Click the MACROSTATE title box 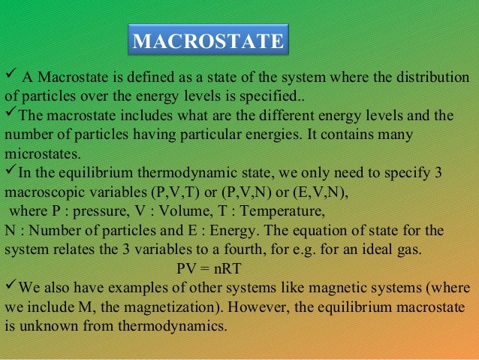click(207, 40)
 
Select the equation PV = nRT click(209, 268)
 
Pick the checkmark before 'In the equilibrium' click(10, 171)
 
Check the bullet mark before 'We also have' click(10, 288)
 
